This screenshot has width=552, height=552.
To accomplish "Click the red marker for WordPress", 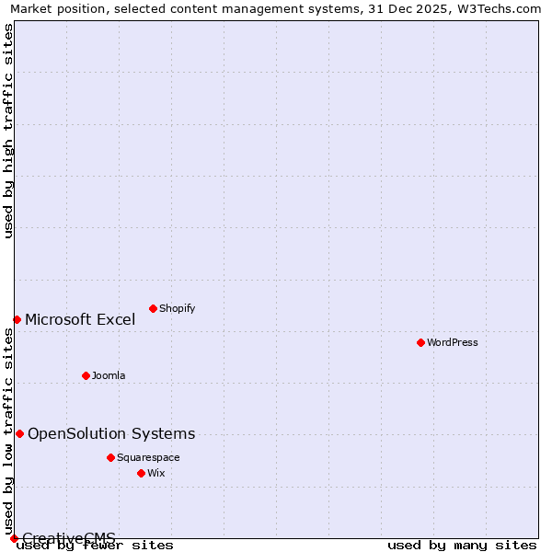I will [x=420, y=342].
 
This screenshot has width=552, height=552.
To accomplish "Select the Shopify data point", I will [x=153, y=308].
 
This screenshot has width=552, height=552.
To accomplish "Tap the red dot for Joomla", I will [x=86, y=375].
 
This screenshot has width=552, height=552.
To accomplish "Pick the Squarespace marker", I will [x=110, y=457].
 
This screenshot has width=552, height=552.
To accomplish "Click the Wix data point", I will [x=141, y=473].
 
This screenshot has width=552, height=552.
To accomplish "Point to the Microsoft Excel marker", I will [x=17, y=319].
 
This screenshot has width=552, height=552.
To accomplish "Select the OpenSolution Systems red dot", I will [x=19, y=433].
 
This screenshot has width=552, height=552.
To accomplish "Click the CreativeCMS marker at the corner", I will [x=14, y=538].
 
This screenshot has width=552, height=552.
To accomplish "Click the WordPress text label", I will [x=453, y=342].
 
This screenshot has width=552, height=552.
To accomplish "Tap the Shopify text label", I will [x=177, y=308].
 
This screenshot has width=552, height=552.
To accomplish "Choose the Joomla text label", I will [x=109, y=375].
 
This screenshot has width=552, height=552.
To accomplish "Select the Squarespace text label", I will [x=148, y=457].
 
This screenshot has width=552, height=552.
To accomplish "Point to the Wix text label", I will [x=156, y=473].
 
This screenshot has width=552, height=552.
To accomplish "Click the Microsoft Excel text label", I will [x=80, y=320].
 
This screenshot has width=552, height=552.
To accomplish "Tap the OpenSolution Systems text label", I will [x=111, y=434].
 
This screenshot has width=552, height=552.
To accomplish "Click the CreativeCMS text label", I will [x=69, y=538].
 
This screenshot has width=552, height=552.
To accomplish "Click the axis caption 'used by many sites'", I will [x=462, y=546].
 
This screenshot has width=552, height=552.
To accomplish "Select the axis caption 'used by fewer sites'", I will [x=96, y=546].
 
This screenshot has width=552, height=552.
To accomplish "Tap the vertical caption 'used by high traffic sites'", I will [x=9, y=131].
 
